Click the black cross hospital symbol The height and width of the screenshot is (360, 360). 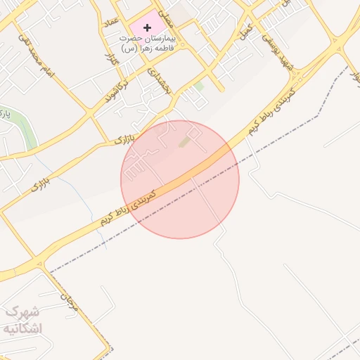(147, 27)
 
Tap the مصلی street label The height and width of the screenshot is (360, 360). (164, 8)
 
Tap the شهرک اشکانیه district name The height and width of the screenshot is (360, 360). (22, 319)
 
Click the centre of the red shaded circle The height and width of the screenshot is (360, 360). (180, 179)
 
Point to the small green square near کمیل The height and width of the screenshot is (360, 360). (199, 86)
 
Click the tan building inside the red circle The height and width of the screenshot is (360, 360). (185, 142)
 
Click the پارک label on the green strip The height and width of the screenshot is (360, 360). (5, 113)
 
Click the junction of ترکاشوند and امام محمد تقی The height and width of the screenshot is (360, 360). (89, 111)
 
